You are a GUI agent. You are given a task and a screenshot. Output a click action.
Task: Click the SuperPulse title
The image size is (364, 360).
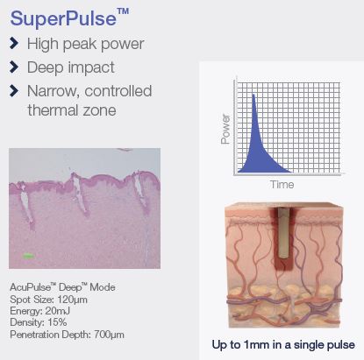[69, 18]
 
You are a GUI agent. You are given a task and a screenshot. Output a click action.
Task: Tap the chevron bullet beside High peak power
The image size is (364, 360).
[14, 43]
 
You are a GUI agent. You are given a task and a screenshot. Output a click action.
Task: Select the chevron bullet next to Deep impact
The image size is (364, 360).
[14, 67]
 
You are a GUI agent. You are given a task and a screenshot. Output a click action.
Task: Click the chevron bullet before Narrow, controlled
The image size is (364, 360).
[14, 90]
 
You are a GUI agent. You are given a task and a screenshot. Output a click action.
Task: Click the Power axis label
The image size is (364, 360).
[225, 129]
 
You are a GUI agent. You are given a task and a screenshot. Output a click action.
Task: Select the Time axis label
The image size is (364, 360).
[282, 185]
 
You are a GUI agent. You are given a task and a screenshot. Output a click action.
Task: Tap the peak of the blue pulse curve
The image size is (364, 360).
[253, 95]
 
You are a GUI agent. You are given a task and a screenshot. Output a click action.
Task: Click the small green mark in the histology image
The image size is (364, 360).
[28, 256]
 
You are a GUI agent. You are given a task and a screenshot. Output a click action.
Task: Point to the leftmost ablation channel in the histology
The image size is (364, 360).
[26, 204]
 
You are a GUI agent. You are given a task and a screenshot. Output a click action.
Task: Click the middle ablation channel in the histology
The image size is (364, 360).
[80, 194]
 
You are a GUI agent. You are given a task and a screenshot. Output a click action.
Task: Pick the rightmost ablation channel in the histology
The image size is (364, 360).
[139, 190]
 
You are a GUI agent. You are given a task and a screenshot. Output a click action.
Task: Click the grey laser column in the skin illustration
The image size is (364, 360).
[283, 233]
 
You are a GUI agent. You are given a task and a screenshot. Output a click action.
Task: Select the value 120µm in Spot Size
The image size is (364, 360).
[72, 300]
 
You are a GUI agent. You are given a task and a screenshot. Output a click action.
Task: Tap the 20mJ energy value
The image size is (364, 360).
[57, 311]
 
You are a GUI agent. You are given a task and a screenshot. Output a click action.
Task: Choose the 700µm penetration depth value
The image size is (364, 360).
[109, 335]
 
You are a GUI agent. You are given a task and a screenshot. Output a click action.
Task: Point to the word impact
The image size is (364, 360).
[91, 67]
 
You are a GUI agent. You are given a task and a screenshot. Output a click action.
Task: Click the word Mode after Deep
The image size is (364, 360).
[103, 287]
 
